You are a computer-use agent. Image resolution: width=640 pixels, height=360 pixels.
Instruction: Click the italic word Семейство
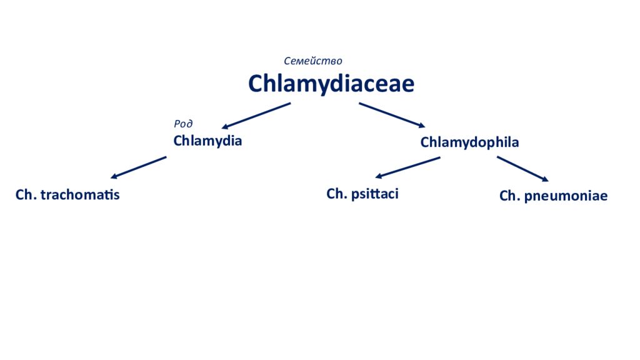[313, 61]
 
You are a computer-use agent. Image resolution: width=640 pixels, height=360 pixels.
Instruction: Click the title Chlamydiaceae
[331, 84]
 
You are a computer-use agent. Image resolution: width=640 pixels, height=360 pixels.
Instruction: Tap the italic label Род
[183, 123]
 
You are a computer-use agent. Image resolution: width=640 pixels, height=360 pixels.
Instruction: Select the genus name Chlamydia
[207, 141]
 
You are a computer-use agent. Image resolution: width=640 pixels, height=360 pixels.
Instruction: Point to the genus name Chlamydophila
[470, 142]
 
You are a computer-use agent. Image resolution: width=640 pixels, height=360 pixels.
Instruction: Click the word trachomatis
[80, 195]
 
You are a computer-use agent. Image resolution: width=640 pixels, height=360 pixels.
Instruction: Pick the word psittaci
[375, 194]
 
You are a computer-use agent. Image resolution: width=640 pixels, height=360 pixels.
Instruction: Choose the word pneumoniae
[566, 196]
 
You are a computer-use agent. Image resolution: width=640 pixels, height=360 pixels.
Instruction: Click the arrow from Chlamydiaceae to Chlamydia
[256, 116]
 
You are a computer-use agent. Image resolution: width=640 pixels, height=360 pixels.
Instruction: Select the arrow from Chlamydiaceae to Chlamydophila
[392, 115]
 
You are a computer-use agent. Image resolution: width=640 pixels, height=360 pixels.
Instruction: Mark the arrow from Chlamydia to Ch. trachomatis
[138, 167]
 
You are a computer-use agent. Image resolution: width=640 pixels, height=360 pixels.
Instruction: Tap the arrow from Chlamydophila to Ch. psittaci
[407, 167]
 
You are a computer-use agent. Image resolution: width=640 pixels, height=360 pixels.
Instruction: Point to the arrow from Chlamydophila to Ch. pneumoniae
[523, 169]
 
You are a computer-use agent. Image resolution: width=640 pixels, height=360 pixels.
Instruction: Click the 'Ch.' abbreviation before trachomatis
[26, 195]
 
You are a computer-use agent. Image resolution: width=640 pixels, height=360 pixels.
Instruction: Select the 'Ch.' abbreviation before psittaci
[337, 194]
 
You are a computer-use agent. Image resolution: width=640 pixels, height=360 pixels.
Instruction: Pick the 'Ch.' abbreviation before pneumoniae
[510, 196]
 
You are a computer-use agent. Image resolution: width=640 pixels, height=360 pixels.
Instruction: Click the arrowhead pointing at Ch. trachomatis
[114, 177]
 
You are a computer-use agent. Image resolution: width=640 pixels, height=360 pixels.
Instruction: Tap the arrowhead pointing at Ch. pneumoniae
[545, 179]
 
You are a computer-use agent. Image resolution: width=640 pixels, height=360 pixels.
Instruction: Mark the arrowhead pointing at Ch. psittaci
[378, 176]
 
